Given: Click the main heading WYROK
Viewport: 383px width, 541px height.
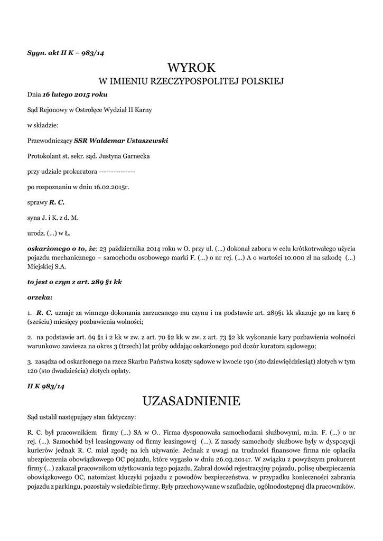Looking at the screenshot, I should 191,68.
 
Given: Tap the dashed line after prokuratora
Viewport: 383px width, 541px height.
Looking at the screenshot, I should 116,171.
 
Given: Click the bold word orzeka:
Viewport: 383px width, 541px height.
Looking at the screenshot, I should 40,297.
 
